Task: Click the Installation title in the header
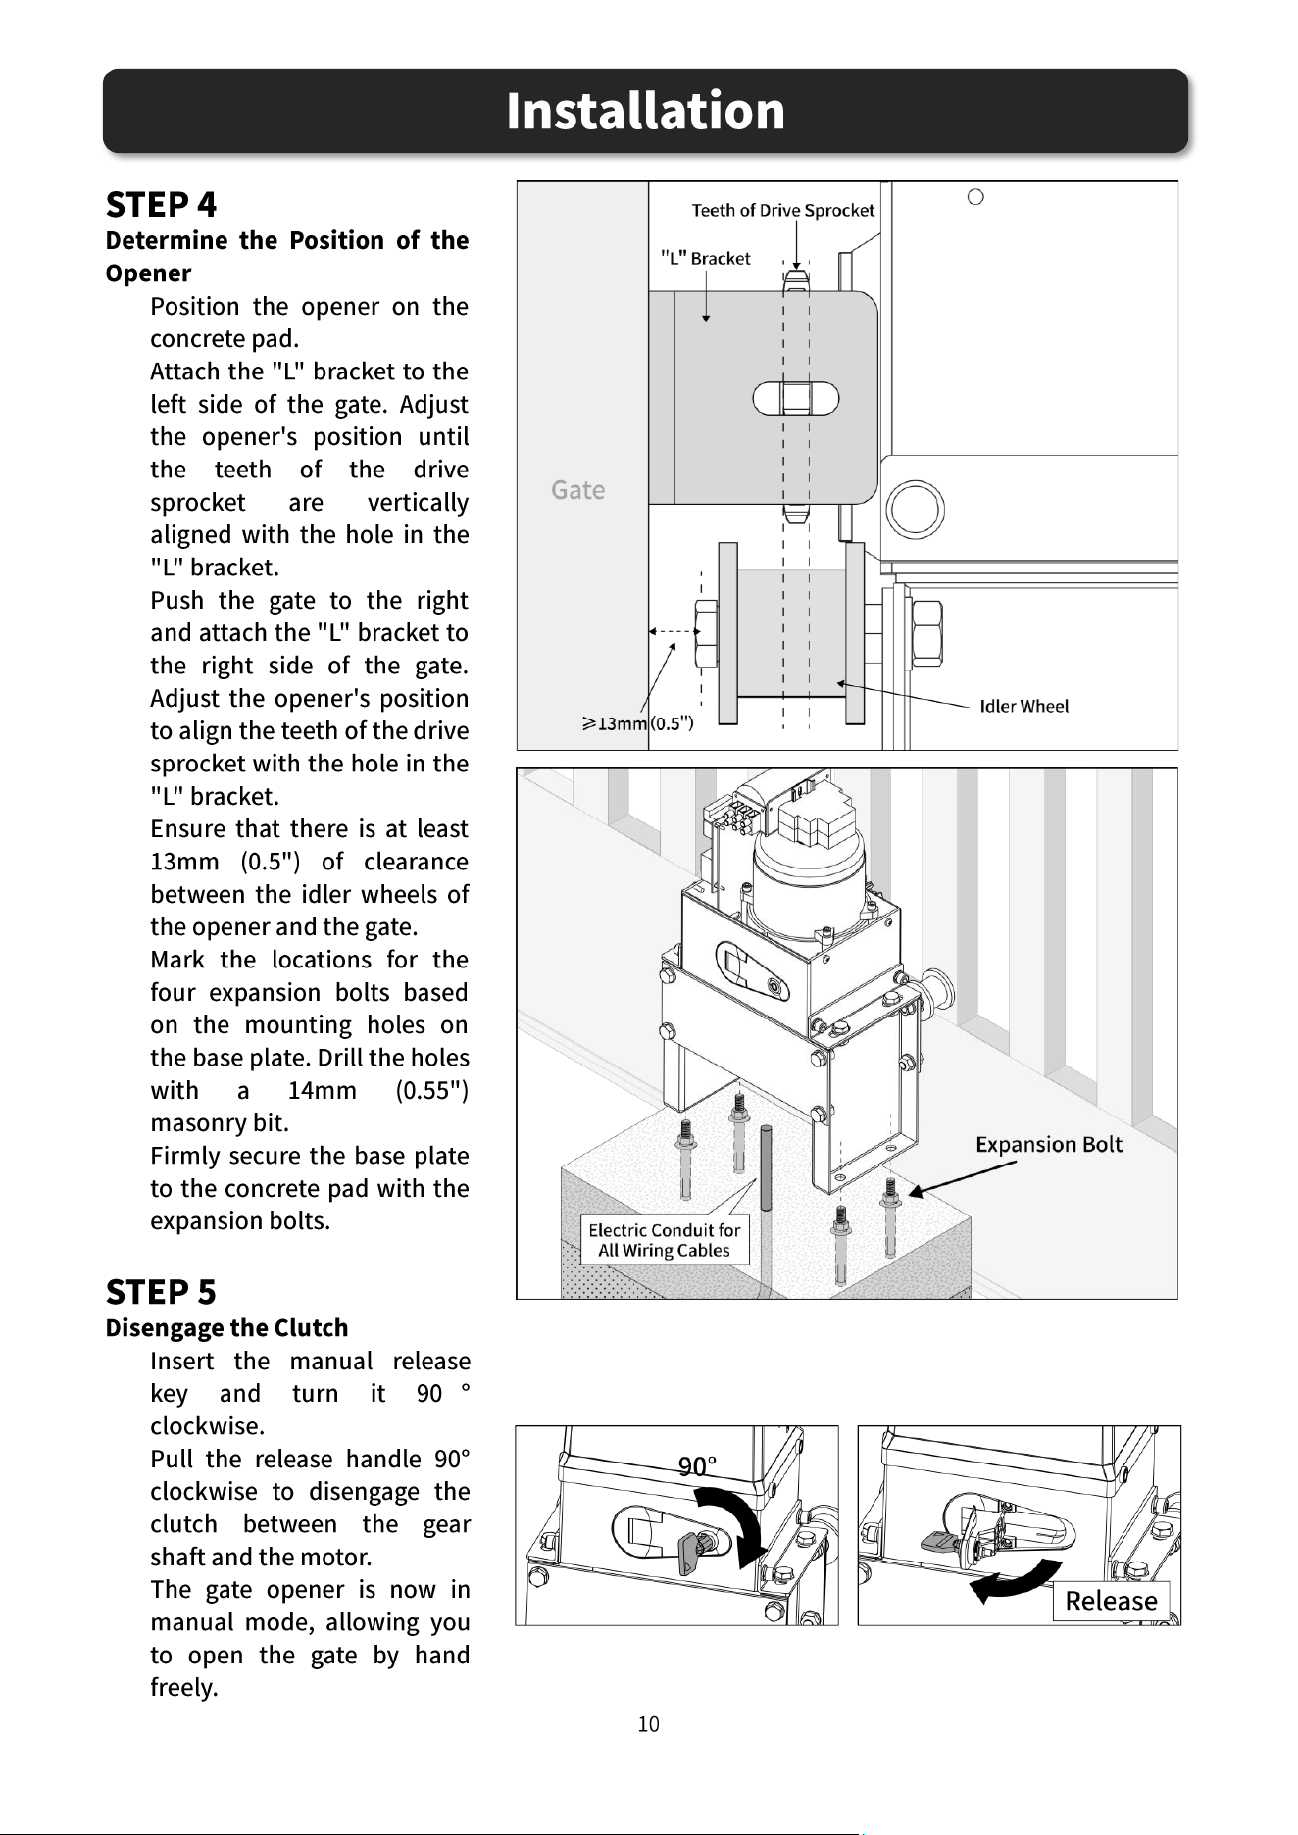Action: (x=646, y=110)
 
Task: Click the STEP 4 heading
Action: (x=161, y=205)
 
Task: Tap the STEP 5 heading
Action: (x=161, y=1292)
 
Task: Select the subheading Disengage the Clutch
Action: (x=226, y=1328)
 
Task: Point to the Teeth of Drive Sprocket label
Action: (x=782, y=210)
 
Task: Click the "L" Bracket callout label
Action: (x=706, y=258)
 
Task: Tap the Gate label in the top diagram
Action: (x=577, y=489)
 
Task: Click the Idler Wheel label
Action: (x=1023, y=706)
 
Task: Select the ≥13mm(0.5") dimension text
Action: (x=638, y=723)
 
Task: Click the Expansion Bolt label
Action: (x=1048, y=1144)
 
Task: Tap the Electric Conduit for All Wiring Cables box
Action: (x=664, y=1240)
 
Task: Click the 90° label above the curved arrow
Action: (x=698, y=1466)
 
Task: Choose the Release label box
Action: (x=1111, y=1601)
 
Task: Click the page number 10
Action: (x=648, y=1724)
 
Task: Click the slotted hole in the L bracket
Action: (x=796, y=399)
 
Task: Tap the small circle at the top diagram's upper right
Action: (x=975, y=197)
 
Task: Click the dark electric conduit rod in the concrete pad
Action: (x=766, y=1176)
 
